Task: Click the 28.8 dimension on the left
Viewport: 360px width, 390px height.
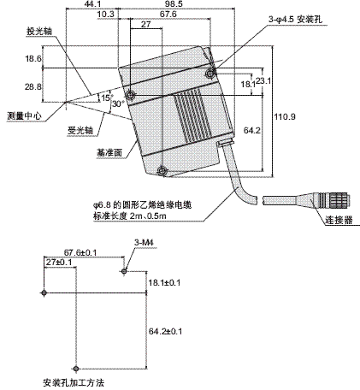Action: click(x=32, y=87)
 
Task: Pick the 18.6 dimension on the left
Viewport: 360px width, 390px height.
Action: click(x=32, y=59)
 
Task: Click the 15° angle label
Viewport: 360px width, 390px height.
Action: click(x=106, y=97)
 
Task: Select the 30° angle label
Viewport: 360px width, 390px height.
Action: click(x=119, y=103)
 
